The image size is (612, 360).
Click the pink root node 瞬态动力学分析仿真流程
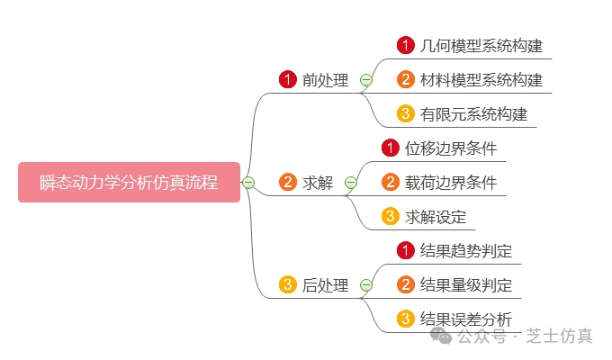129,182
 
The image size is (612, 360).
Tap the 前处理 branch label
325,80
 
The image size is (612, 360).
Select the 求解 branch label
318,183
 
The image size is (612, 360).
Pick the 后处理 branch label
325,285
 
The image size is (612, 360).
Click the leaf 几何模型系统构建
481,45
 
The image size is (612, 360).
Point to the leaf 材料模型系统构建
481,80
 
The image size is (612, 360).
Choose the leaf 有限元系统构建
473,114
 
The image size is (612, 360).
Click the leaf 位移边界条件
451,148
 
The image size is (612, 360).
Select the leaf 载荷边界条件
451,183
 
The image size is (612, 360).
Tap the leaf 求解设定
436,217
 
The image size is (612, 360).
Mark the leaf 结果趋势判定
466,251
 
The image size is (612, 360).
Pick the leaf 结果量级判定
466,285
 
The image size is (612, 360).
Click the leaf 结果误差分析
466,319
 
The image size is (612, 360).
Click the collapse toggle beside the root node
248,183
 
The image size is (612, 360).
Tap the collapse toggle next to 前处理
365,80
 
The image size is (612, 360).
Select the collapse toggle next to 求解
350,183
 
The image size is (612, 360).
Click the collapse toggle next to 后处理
365,285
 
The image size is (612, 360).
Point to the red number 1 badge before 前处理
288,80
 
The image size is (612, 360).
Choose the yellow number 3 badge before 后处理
288,285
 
